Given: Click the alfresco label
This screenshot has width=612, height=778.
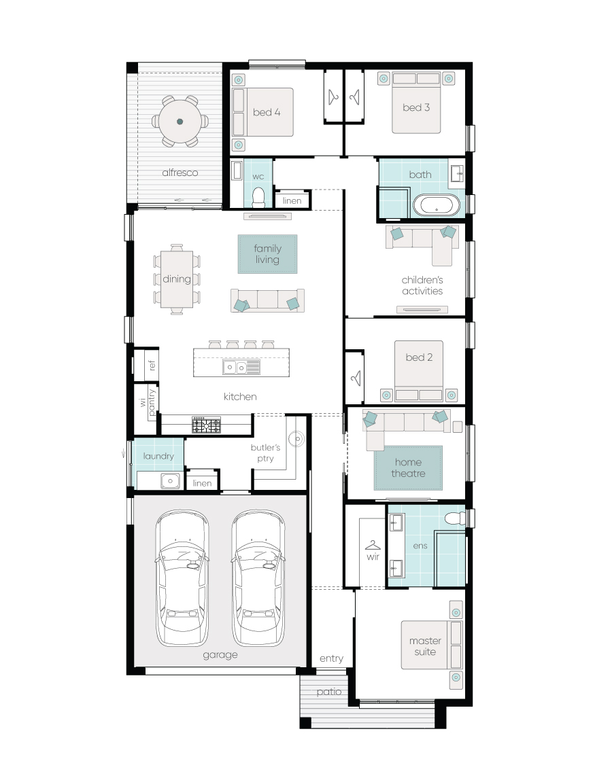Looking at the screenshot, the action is coord(180,173).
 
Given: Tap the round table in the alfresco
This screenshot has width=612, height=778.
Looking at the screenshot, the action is coord(180,122).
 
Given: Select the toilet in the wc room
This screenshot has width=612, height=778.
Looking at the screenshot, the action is coord(258,197).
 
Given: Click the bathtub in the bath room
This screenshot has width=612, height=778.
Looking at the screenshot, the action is coord(437,205).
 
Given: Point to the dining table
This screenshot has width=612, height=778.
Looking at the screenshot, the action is coord(177,279).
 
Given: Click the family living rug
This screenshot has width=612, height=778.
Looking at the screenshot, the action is coord(267,254).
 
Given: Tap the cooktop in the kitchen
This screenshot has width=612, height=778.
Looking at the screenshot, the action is coord(206,425).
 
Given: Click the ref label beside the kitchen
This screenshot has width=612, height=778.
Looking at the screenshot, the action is coord(152,366).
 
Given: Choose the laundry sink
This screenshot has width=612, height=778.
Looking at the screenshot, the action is coord(171,481).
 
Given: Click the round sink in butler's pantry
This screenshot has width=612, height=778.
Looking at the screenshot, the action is coord(296,439).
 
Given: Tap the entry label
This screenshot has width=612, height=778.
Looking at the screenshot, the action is coord(331,658).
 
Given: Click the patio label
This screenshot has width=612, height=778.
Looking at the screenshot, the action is coord(329,691).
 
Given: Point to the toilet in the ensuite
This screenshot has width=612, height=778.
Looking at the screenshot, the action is coord(455,518).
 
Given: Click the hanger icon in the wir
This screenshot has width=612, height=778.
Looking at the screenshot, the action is coord(373,546).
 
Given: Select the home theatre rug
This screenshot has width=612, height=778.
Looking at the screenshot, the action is coord(408,468).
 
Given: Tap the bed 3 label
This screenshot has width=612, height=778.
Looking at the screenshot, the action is coord(416,107).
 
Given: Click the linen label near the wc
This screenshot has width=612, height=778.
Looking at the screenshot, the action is coord(292,200).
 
